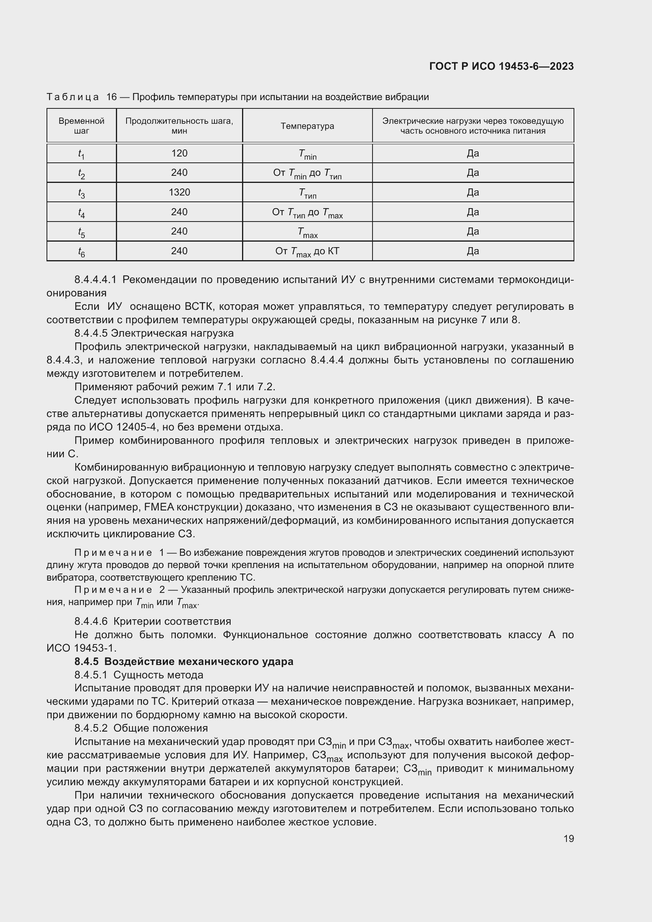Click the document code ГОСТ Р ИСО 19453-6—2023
coord(501,67)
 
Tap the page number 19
coord(568,838)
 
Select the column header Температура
coord(307,126)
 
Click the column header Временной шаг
coord(82,126)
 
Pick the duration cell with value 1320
coord(179,192)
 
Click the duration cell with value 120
coord(179,153)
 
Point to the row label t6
coord(82,252)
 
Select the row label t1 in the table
coord(82,154)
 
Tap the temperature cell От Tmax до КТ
coord(307,252)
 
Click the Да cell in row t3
coord(473,192)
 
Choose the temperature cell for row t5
coord(307,232)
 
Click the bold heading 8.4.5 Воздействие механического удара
coord(184,661)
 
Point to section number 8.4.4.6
coord(91,621)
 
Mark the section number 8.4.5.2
coord(91,728)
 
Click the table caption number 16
coord(111,97)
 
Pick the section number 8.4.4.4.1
coord(95,279)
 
